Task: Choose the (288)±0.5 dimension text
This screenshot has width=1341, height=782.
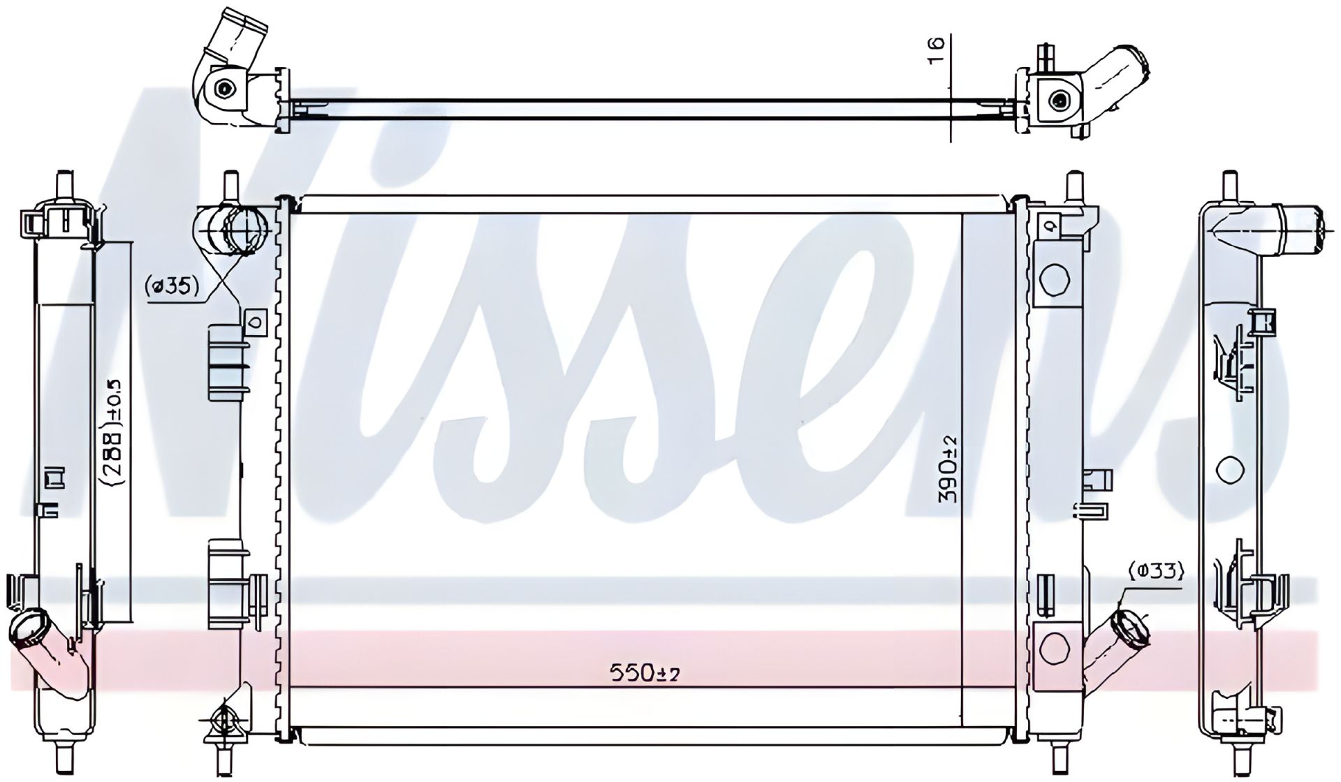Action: click(113, 433)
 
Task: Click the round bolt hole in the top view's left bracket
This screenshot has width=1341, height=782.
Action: click(223, 89)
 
